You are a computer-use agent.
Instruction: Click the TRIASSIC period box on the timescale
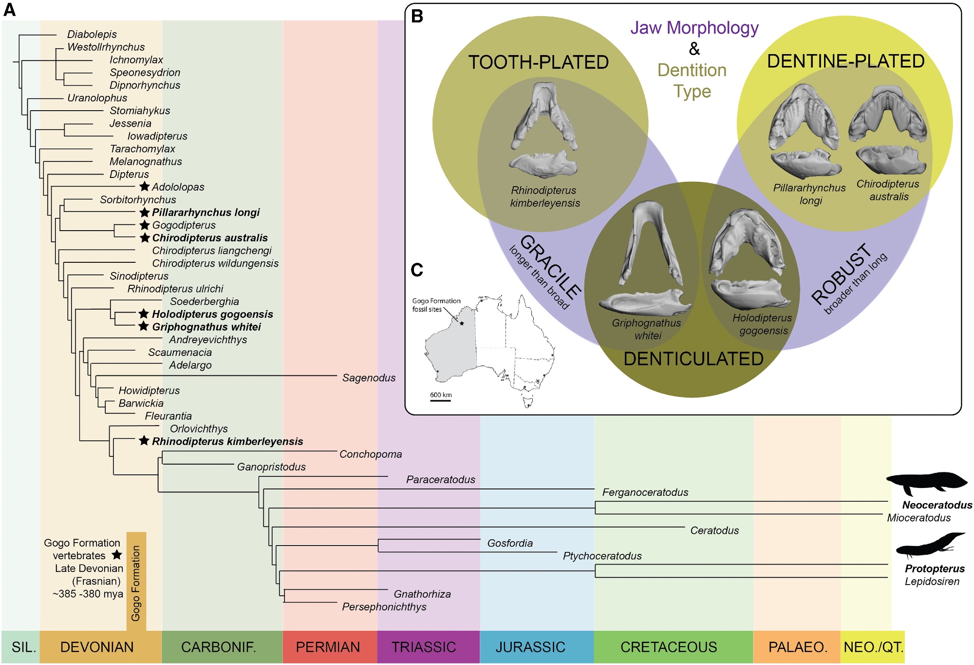424,647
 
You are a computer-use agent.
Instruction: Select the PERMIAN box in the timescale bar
328,647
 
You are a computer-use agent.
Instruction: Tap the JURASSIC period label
530,647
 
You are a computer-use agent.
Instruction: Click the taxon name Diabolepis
92,34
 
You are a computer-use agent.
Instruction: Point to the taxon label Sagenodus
369,378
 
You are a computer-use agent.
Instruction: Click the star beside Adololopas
144,186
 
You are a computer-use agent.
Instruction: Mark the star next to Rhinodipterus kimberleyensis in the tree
144,441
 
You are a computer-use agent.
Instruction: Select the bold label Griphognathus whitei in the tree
206,327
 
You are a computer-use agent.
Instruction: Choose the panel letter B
417,16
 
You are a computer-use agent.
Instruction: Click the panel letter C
417,270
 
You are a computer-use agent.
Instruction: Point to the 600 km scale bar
440,400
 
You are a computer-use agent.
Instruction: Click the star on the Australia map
462,323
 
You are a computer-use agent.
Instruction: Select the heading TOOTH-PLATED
538,62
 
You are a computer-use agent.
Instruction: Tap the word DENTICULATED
693,359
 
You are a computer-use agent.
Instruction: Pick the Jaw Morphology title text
694,28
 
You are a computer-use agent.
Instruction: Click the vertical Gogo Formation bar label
136,583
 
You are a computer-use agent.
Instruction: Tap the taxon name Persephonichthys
384,607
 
